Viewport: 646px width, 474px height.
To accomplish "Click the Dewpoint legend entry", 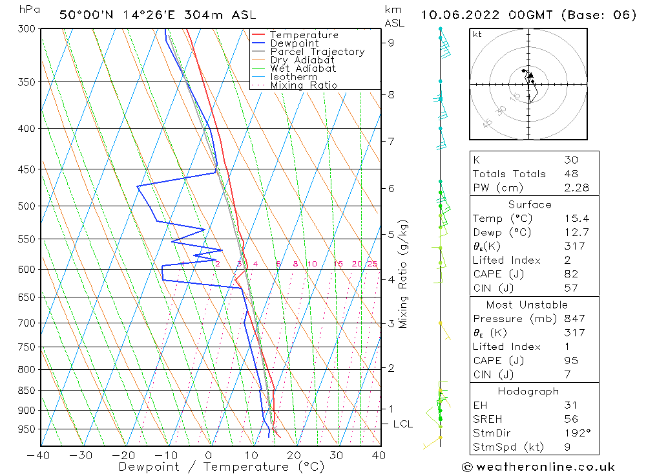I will click(294, 43).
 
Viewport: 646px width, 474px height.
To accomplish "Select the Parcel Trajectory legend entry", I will click(317, 52).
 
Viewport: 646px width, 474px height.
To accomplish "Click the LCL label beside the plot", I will click(402, 424).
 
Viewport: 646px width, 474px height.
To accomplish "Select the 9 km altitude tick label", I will click(391, 43).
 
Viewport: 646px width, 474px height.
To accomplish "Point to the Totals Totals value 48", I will click(570, 173).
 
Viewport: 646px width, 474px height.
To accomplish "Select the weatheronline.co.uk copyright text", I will click(538, 467).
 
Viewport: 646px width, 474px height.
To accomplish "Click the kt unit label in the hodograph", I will click(477, 34).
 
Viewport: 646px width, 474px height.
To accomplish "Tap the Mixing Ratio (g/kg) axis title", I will click(404, 274).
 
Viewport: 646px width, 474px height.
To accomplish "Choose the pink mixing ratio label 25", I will click(372, 264).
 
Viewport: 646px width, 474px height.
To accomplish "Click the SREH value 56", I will click(570, 419).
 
